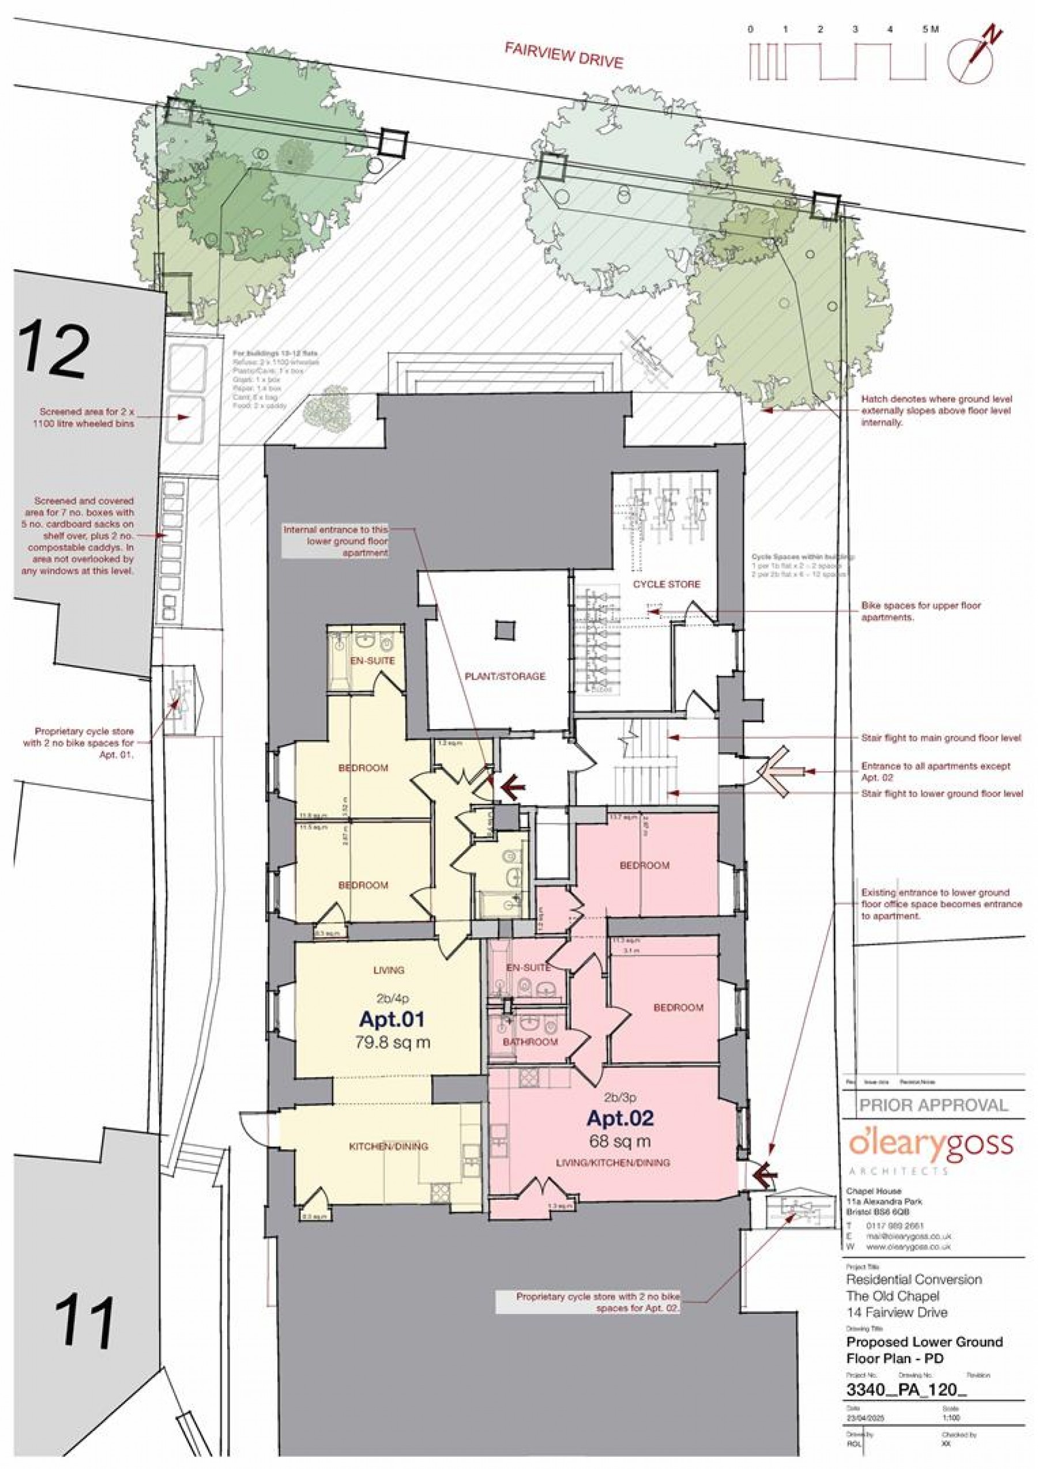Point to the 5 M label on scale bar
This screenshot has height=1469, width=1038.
[930, 29]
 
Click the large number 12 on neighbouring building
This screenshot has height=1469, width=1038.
[54, 351]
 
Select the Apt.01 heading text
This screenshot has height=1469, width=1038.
[392, 1018]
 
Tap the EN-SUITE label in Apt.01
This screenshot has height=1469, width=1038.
[372, 660]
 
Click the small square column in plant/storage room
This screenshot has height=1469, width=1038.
[505, 631]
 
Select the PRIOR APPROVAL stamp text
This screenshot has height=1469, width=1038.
[932, 1104]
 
